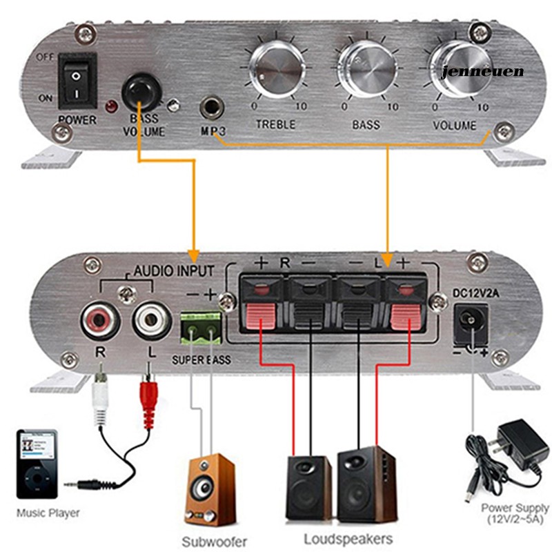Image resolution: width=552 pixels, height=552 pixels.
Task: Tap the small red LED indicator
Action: point(109,108)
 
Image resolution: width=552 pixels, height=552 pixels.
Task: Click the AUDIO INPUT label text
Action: point(173,271)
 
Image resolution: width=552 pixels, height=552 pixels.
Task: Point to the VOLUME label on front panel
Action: point(454,126)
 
